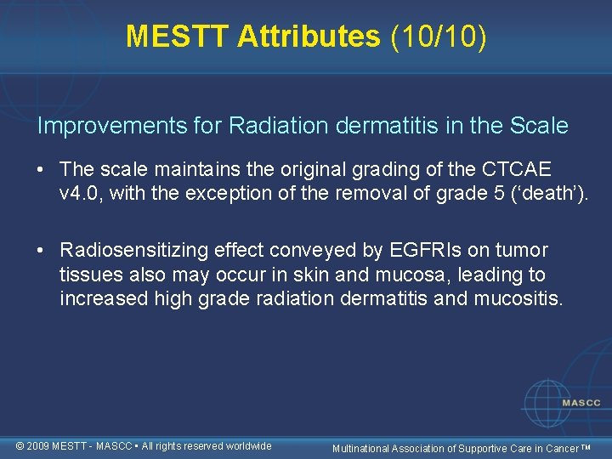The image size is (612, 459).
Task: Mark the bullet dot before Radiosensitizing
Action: click(42, 251)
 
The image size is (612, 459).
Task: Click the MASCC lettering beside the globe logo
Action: click(580, 403)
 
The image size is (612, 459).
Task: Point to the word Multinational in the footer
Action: click(360, 448)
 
